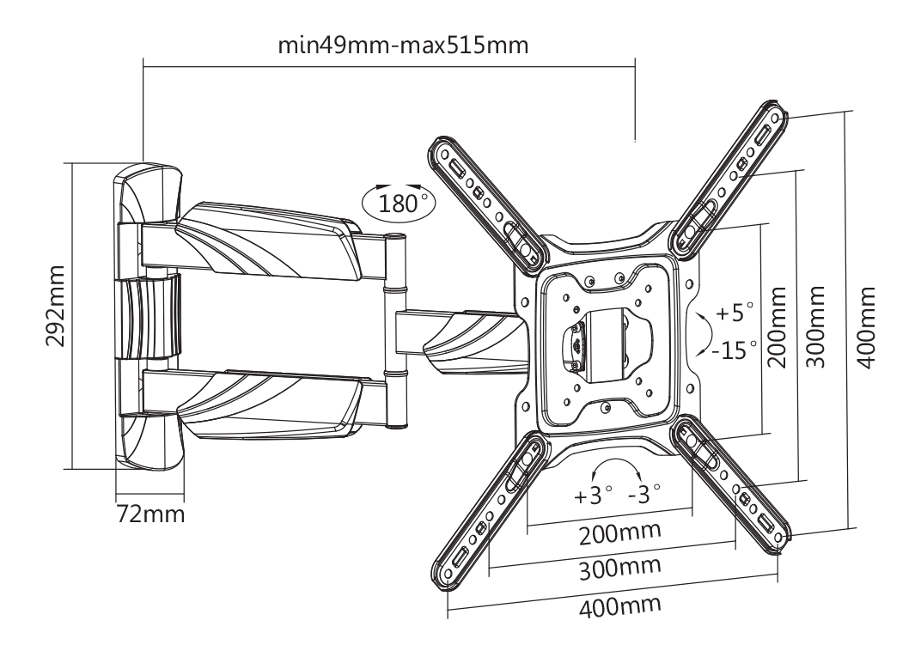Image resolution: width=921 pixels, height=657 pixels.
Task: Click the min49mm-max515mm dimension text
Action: [403, 46]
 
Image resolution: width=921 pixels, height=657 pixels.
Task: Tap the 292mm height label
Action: [57, 306]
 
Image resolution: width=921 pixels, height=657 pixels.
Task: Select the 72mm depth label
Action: [150, 514]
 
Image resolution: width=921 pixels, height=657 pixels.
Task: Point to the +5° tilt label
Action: [735, 312]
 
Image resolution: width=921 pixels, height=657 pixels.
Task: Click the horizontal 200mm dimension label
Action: [619, 533]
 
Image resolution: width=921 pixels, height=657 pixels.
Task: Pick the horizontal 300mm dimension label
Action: [619, 568]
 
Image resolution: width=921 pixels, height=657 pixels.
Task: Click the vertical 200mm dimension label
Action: [777, 327]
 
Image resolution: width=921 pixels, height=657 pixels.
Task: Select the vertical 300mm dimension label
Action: [815, 327]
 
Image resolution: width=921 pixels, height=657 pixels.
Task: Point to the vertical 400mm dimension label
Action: [866, 327]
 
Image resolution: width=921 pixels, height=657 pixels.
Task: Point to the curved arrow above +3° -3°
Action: [615, 461]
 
